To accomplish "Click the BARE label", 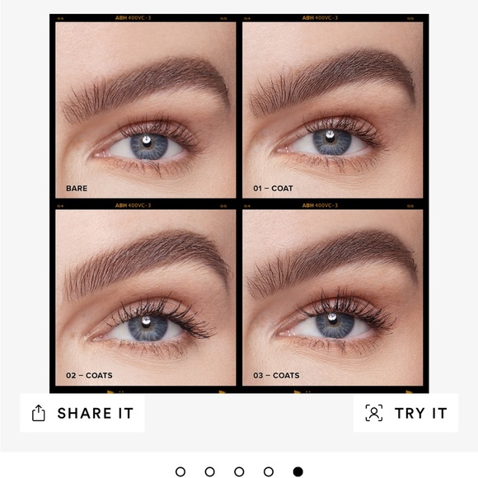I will (x=76, y=188).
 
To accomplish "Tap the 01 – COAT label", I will (x=273, y=188).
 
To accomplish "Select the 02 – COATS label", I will (x=89, y=375).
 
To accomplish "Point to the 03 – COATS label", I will (x=276, y=375).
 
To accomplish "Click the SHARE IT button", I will (x=82, y=413).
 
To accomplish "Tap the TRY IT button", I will (x=406, y=413).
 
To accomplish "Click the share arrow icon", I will (x=39, y=413).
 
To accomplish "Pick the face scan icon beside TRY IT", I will (x=374, y=413).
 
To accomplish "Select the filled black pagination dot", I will (x=298, y=471).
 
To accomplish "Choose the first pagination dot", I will (x=180, y=471).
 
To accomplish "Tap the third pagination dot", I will (x=239, y=471).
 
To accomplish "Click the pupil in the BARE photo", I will (x=148, y=146).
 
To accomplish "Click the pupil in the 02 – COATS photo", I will (x=148, y=327).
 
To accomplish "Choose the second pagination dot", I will (x=209, y=471).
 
